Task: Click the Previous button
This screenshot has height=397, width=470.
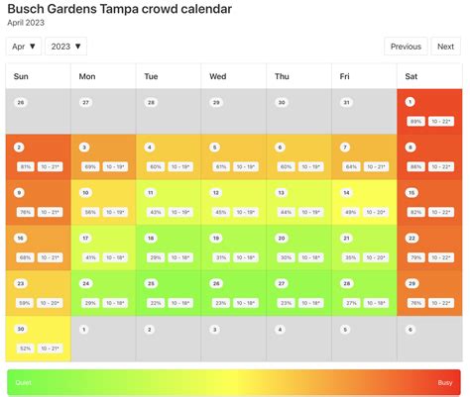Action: point(406,47)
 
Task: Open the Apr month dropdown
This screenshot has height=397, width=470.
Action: point(24,47)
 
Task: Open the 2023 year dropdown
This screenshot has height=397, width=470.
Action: point(65,47)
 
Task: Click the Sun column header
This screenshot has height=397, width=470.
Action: point(22,76)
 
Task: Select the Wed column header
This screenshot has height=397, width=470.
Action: point(218,76)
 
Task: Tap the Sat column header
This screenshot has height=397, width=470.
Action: point(412,76)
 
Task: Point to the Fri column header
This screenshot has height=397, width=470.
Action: point(345,76)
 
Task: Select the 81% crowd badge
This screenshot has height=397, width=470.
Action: point(26,166)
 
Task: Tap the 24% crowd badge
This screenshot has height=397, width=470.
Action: point(90,302)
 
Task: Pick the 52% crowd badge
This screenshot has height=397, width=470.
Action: point(26,347)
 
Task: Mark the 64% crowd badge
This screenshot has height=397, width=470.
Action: point(350,166)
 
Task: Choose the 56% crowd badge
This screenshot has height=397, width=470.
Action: point(90,212)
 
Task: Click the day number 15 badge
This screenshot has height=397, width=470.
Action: point(411,193)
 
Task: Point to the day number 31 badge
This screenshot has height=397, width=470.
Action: point(346,102)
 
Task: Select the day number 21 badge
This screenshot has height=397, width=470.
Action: point(346,239)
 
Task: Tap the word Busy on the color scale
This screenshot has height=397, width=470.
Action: point(445,382)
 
